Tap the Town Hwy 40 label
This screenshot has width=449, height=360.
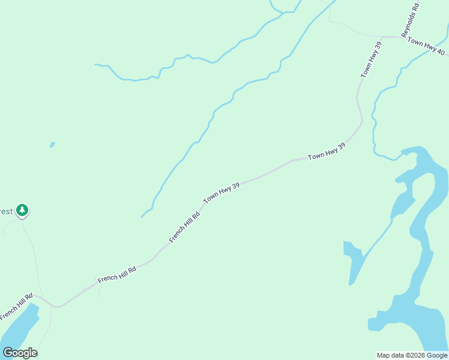426,46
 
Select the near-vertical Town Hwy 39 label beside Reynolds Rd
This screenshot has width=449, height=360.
371,59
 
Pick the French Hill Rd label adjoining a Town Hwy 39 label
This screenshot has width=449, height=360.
184,226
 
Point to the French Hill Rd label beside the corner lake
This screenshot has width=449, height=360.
16,307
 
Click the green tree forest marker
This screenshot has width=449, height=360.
22,210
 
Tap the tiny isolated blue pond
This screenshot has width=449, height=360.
52,145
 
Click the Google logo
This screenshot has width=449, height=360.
20,353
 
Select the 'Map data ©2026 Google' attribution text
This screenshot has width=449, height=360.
412,355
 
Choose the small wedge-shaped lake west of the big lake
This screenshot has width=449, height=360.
355,261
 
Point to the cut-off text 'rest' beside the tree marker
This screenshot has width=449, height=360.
6,211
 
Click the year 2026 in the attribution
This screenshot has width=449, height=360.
417,355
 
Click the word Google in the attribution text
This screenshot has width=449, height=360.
437,355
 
